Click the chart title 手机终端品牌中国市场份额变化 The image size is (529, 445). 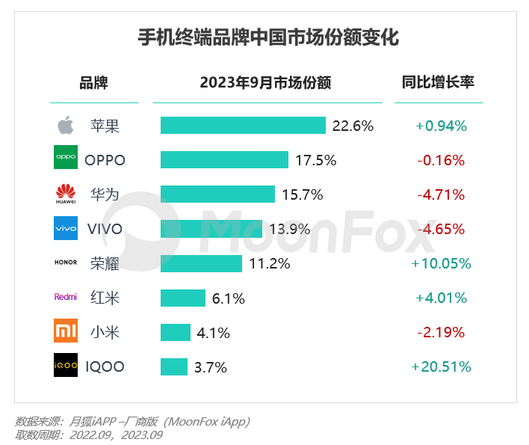[269, 37]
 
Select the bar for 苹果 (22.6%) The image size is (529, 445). [243, 126]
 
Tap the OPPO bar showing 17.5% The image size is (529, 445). [224, 160]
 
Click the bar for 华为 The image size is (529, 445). [217, 194]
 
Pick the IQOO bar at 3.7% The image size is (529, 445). [174, 366]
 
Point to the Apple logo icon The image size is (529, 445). [66, 126]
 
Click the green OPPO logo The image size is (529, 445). [66, 159]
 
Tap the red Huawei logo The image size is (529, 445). [66, 194]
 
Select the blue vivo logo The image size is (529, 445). [66, 228]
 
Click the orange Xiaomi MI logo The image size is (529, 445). [66, 331]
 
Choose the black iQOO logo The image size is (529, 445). [66, 366]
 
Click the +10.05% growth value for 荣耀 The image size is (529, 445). [442, 263]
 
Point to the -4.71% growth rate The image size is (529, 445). [441, 194]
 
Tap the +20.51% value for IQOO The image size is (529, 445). [442, 366]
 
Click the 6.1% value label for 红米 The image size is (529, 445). [229, 298]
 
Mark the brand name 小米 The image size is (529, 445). [105, 332]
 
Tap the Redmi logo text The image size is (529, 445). [66, 297]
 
